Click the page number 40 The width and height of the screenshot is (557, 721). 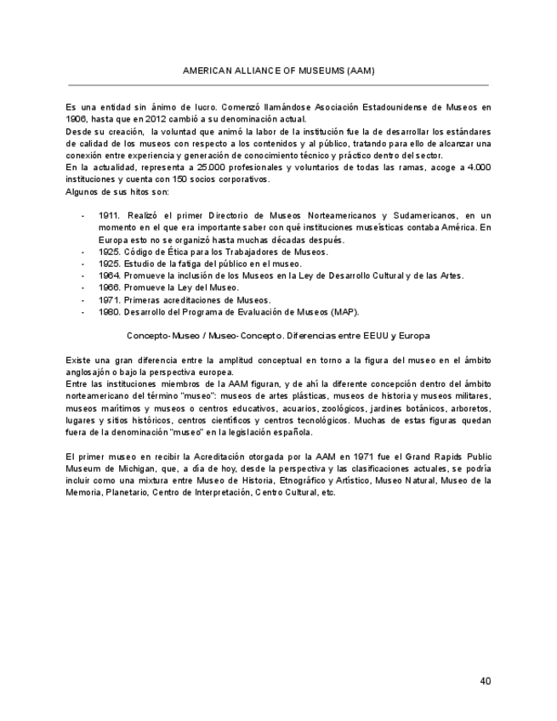pyautogui.click(x=485, y=680)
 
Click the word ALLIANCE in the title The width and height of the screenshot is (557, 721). pyautogui.click(x=255, y=71)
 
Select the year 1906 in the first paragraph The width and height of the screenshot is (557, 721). pyautogui.click(x=76, y=120)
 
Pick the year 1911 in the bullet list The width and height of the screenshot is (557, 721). pyautogui.click(x=110, y=216)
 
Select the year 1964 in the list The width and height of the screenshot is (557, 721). pyautogui.click(x=110, y=275)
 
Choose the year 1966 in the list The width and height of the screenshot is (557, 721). pyautogui.click(x=110, y=287)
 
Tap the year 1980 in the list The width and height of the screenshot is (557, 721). pyautogui.click(x=110, y=312)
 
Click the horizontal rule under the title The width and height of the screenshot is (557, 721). pyautogui.click(x=278, y=85)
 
